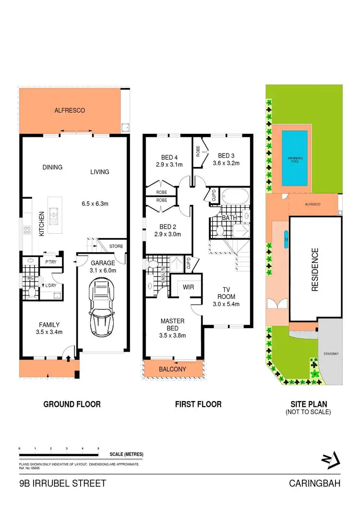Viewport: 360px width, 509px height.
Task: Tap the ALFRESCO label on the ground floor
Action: [70, 110]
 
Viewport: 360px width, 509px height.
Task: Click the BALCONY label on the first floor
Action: [173, 369]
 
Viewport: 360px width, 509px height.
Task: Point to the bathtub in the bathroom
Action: [234, 197]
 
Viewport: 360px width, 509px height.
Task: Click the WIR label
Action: [188, 287]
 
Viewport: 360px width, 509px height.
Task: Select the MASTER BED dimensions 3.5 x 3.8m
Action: [173, 336]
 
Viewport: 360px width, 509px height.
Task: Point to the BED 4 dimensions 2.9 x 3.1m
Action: [170, 164]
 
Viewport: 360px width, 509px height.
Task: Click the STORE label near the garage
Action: [117, 246]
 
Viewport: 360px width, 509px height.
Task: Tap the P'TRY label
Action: [49, 262]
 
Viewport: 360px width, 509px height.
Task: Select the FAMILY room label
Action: [49, 324]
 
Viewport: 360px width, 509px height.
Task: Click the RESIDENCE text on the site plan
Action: [315, 270]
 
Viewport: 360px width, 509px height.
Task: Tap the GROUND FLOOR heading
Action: [72, 404]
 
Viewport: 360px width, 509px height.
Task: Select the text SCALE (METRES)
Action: [126, 454]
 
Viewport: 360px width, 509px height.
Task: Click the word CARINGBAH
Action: [314, 484]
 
